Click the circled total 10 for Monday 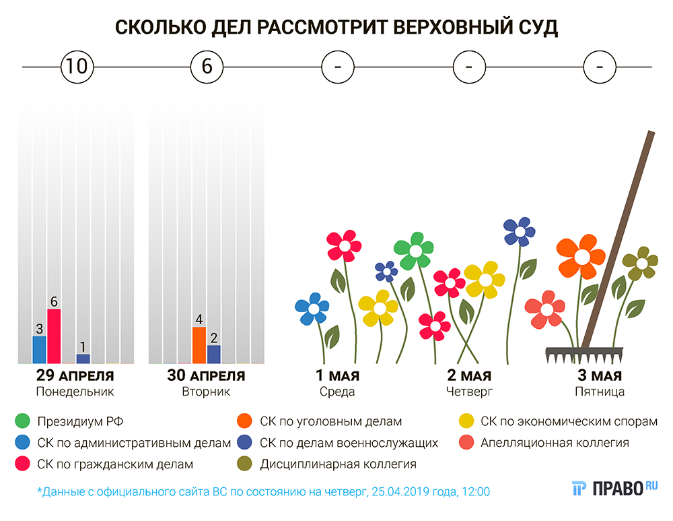[x=76, y=67]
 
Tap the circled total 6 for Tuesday [x=207, y=67]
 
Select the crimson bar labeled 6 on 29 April [x=54, y=336]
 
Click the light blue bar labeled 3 [x=40, y=349]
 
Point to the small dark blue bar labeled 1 [x=83, y=359]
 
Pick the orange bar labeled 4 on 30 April [x=199, y=345]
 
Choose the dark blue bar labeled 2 [x=214, y=354]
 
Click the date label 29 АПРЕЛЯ [x=74, y=375]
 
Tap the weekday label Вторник [x=206, y=392]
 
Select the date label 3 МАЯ [x=600, y=375]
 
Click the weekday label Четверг [x=469, y=392]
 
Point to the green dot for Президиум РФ [x=23, y=422]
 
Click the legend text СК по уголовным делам [x=330, y=422]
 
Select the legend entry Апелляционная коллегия [x=555, y=443]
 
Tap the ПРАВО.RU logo [x=614, y=489]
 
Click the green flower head [x=415, y=251]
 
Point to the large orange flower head [x=581, y=255]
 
